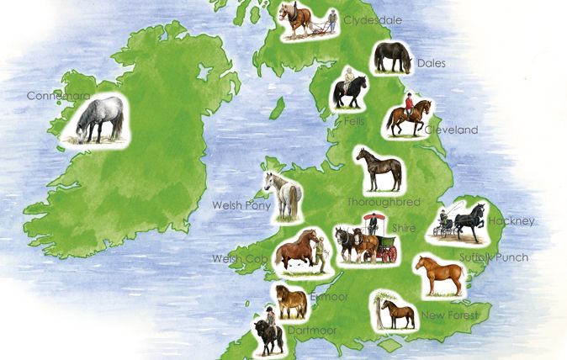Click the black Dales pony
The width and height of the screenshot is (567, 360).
(x=392, y=56)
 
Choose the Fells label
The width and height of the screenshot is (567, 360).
(x=353, y=121)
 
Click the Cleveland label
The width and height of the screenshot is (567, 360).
(x=451, y=130)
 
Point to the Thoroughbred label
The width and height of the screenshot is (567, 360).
(x=383, y=203)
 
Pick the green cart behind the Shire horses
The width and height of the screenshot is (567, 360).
(x=385, y=242)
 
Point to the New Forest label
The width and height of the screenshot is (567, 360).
(x=451, y=315)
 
